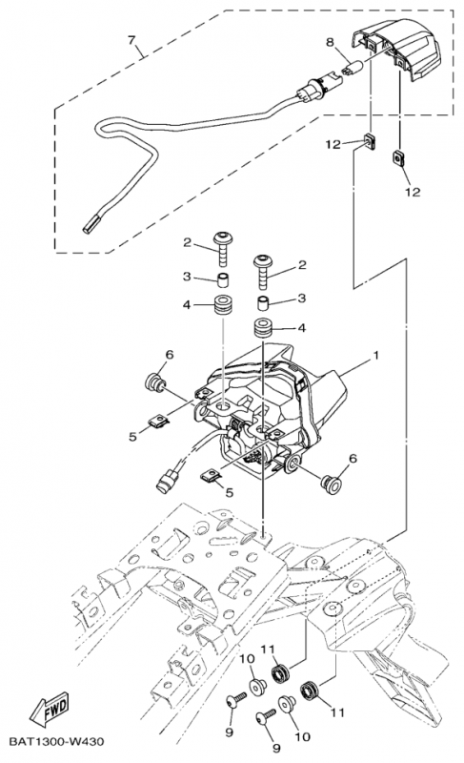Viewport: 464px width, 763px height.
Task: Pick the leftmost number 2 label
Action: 189,243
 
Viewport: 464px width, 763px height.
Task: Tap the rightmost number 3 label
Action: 302,299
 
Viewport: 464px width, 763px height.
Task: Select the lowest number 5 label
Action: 229,491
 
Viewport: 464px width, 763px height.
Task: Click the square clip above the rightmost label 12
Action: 396,155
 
